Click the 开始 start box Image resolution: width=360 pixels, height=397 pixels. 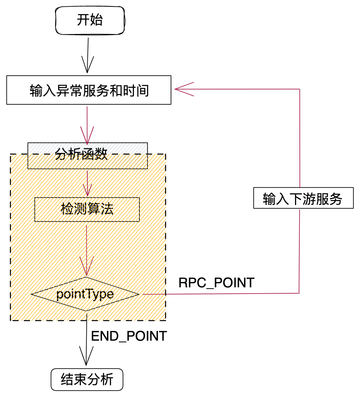[90, 20]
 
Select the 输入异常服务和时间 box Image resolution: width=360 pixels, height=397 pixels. [89, 90]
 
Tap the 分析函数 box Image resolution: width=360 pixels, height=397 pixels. [87, 155]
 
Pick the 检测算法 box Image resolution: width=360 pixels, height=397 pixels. [87, 209]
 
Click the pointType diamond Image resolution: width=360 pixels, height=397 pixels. [85, 294]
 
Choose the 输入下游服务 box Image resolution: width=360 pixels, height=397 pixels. [303, 199]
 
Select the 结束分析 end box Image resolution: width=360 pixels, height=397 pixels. [87, 379]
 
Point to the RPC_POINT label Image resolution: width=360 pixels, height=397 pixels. [216, 283]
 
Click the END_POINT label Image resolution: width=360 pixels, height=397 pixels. [129, 336]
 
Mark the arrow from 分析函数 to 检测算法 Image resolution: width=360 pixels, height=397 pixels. [87, 183]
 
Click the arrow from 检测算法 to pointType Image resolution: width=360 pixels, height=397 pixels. [87, 250]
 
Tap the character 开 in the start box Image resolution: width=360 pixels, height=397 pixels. [83, 20]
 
